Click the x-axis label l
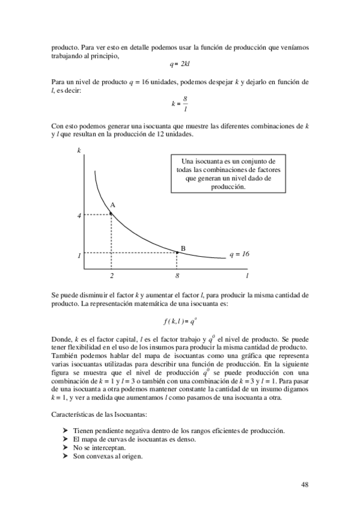click(x=247, y=276)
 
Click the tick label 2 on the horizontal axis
click(x=112, y=276)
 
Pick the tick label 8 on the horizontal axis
click(x=177, y=276)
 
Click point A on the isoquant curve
click(x=111, y=212)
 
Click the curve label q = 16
click(x=239, y=254)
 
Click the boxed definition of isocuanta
click(x=228, y=174)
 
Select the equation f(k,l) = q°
click(x=180, y=321)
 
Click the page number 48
click(x=305, y=484)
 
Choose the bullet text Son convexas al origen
click(x=108, y=456)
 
